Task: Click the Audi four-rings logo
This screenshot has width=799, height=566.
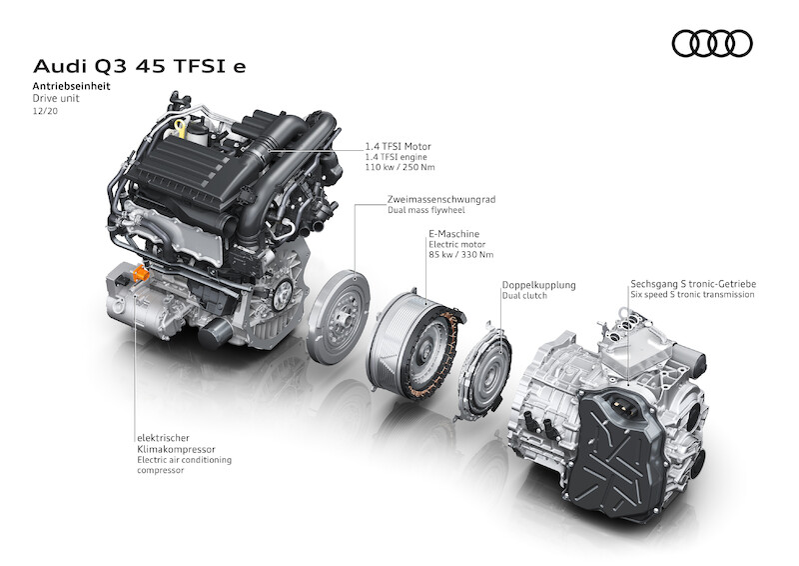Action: [712, 43]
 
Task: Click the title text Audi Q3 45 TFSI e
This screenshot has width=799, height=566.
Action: [139, 66]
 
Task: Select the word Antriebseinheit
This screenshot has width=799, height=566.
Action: [71, 86]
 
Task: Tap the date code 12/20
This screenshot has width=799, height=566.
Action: [45, 111]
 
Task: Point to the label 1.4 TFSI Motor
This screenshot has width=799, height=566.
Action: [398, 146]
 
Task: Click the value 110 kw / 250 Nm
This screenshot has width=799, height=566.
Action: [400, 167]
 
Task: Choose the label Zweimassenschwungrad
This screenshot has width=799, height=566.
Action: [441, 200]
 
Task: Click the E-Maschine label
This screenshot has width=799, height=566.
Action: [454, 234]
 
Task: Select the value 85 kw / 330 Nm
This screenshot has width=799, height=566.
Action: [461, 255]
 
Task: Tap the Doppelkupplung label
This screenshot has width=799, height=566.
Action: [539, 285]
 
